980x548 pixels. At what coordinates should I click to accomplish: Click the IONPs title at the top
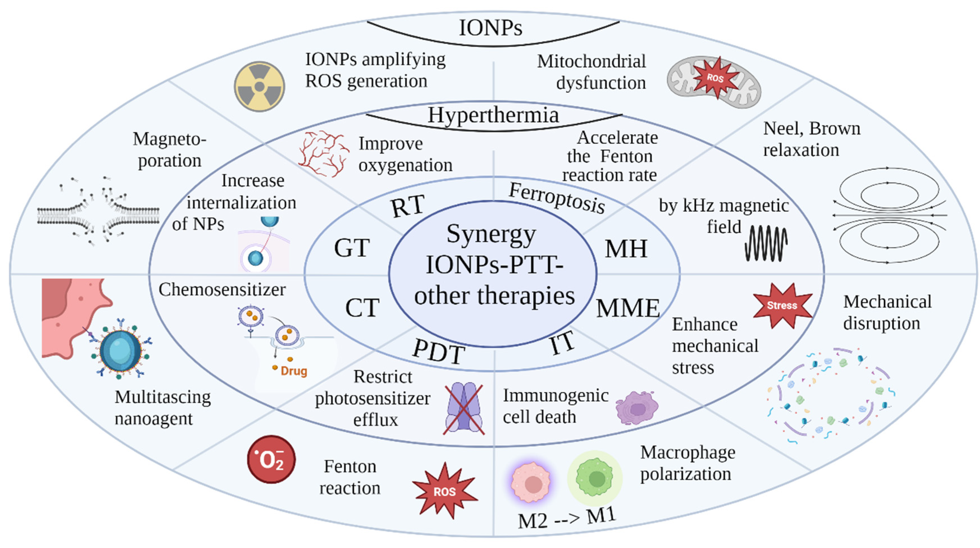(x=491, y=28)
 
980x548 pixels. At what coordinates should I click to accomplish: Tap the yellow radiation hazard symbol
(x=259, y=86)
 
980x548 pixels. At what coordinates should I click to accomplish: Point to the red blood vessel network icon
(x=323, y=154)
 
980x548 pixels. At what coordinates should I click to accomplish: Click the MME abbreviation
(x=628, y=308)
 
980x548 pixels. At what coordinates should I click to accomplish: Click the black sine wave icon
(x=766, y=243)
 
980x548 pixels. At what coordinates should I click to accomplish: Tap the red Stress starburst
(x=782, y=305)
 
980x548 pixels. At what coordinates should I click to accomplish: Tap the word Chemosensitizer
(x=222, y=290)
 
